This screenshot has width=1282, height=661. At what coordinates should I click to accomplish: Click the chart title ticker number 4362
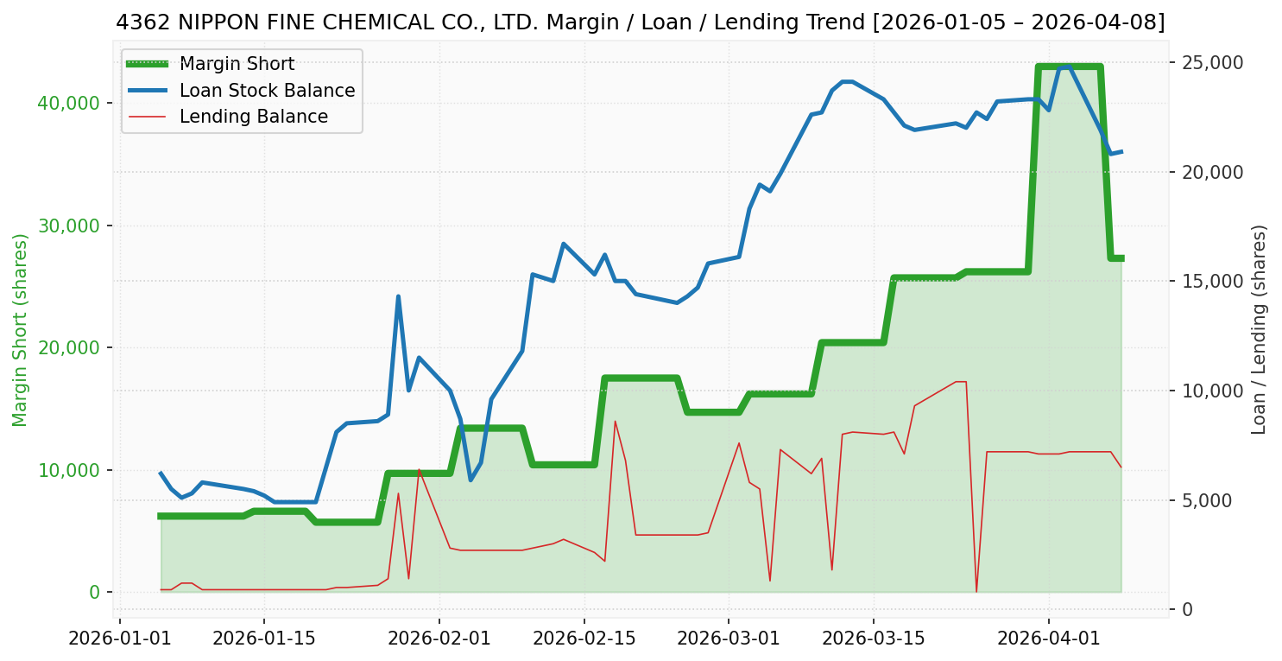click(x=143, y=23)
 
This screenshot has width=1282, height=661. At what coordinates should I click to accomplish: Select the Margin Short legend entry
click(x=237, y=64)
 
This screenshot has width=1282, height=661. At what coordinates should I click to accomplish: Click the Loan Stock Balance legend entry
click(x=267, y=91)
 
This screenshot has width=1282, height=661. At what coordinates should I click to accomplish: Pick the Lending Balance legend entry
click(x=253, y=117)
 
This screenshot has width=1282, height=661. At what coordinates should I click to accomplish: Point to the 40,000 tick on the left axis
click(x=69, y=104)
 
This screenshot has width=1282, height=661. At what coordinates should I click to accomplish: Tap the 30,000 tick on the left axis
click(x=69, y=226)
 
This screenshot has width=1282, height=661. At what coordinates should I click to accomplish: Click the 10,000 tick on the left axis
click(x=69, y=470)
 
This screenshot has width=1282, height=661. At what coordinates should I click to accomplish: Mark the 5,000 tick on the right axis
click(x=1209, y=500)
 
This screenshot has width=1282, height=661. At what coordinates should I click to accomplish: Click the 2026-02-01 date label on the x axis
click(x=439, y=639)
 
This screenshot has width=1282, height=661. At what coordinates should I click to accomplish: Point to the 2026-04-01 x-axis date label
click(x=1049, y=639)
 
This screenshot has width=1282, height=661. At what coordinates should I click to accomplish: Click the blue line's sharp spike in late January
click(x=398, y=296)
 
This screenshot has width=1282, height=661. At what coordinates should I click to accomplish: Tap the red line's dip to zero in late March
click(x=976, y=591)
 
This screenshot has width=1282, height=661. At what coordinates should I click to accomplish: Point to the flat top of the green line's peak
click(x=1070, y=67)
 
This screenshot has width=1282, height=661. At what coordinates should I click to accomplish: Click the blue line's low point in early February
click(x=470, y=480)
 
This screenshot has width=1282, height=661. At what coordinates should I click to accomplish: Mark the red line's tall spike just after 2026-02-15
click(x=615, y=422)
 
